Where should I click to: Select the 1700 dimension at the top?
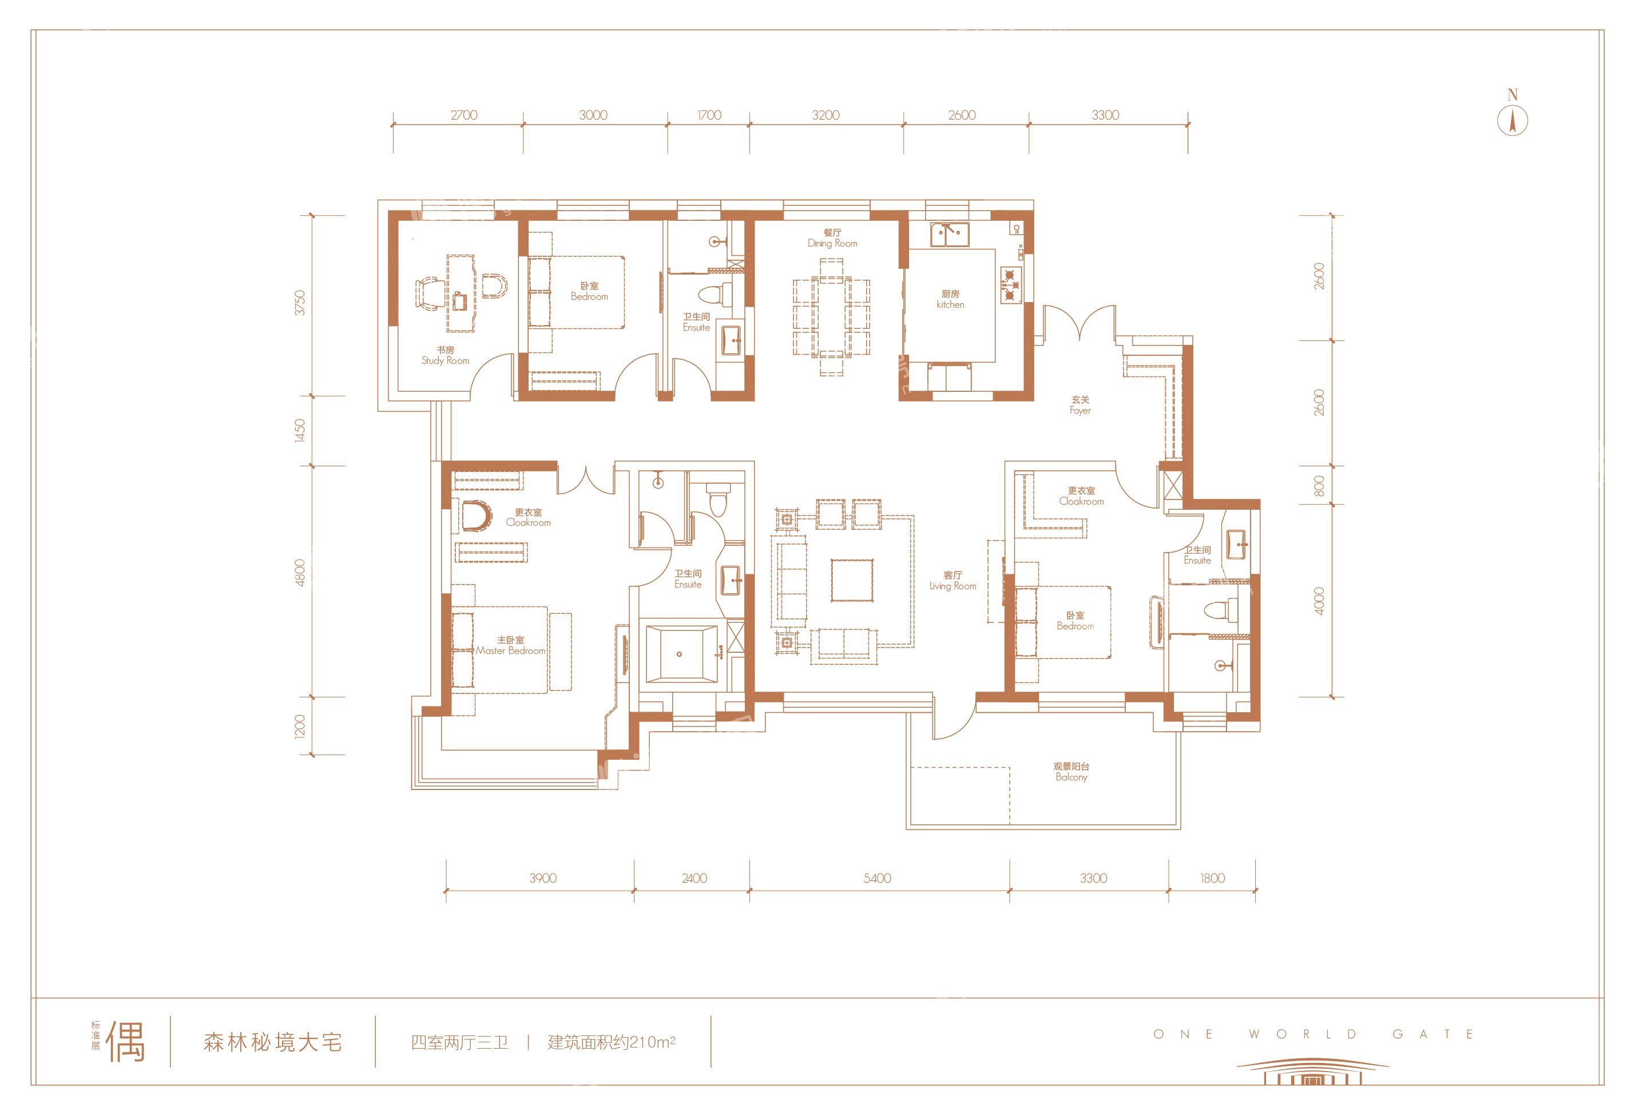(x=709, y=114)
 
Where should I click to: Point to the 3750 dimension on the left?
(x=300, y=303)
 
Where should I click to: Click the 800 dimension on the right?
(x=1319, y=485)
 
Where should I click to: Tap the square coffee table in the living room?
(x=852, y=580)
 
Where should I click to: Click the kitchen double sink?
(x=949, y=234)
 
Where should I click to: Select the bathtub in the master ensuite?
(x=682, y=654)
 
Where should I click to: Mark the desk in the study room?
(x=461, y=293)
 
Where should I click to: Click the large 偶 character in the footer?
(x=125, y=1042)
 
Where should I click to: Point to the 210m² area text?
(x=652, y=1042)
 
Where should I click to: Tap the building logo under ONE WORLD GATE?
(x=1312, y=1072)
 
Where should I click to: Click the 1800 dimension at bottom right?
(x=1212, y=878)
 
